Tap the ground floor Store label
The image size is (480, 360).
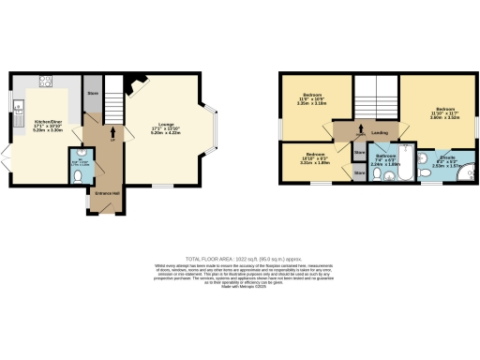92,94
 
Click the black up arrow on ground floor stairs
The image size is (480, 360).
113,132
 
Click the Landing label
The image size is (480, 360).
380,133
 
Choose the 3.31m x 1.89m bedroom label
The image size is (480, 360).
314,160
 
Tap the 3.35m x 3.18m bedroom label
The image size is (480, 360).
310,103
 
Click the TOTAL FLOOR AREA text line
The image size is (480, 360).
240,257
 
